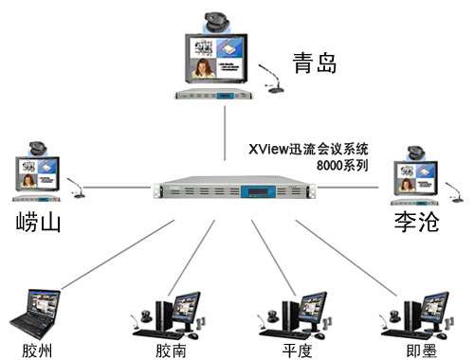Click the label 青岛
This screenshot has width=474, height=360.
[315, 64]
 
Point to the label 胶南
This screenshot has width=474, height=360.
[171, 349]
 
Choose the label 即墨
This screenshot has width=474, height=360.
[410, 349]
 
